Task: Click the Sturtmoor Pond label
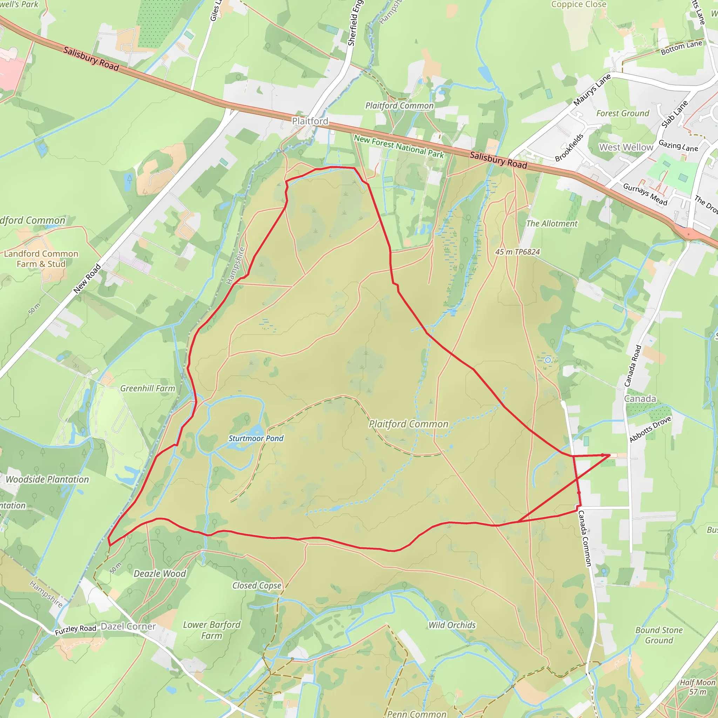click(256, 439)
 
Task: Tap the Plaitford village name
click(310, 121)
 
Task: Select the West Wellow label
click(626, 148)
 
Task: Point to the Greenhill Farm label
click(148, 388)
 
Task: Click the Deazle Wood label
click(160, 574)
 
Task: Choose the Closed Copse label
click(257, 585)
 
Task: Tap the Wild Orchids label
click(452, 625)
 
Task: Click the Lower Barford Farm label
click(211, 630)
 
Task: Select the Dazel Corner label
click(128, 626)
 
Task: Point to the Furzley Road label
click(75, 630)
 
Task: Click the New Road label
click(87, 278)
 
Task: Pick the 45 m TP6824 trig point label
click(517, 252)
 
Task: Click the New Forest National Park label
click(399, 147)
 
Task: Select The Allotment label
click(552, 224)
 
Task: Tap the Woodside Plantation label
click(48, 479)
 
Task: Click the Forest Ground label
click(623, 113)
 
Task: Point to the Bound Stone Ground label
click(659, 635)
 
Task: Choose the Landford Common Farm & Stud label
click(41, 259)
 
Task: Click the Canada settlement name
click(640, 399)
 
